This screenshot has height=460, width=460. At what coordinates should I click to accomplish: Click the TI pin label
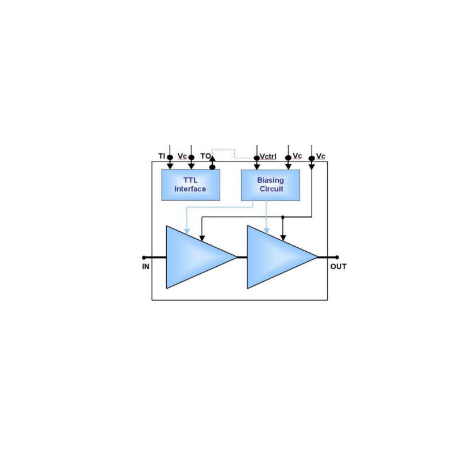[x=162, y=156]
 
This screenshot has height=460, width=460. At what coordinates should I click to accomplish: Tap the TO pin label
[x=205, y=156]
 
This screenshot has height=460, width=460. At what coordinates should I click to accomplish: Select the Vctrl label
[x=269, y=156]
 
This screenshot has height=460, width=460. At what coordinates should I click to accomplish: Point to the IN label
[x=146, y=267]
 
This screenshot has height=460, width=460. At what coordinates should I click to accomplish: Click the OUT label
[x=338, y=267]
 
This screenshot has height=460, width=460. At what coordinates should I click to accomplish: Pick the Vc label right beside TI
[x=182, y=156]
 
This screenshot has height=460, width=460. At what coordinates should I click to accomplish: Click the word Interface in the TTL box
[x=190, y=189]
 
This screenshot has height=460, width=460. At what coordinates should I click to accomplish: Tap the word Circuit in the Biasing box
[x=270, y=189]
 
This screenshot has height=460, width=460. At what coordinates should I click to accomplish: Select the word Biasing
[x=270, y=180]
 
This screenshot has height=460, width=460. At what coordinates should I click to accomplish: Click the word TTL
[x=190, y=180]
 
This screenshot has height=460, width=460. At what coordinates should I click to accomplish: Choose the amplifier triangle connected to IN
[x=195, y=257]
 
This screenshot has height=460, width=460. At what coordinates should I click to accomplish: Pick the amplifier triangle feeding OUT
[x=277, y=257]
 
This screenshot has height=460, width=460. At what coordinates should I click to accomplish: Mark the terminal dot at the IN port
[x=144, y=258]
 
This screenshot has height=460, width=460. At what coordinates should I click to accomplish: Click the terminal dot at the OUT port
[x=336, y=258]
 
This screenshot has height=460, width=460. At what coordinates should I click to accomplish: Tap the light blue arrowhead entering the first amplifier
[x=186, y=231]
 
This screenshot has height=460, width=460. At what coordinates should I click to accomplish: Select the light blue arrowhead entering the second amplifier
[x=267, y=231]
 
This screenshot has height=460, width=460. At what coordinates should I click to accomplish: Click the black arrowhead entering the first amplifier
[x=201, y=237]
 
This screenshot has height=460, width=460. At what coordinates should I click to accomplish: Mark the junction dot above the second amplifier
[x=282, y=217]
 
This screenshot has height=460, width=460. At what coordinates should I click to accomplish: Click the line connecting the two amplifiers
[x=242, y=258]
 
